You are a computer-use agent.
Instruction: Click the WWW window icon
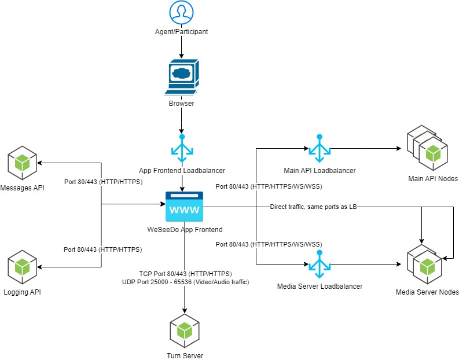(x=184, y=207)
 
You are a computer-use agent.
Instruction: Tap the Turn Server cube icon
(x=184, y=330)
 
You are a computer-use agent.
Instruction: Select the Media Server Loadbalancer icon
(x=318, y=265)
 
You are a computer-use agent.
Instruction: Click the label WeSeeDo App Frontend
(x=184, y=230)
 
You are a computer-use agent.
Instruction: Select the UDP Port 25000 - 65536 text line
(x=185, y=282)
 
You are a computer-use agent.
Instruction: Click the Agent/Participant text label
(x=182, y=32)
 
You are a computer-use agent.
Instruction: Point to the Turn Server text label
(x=184, y=355)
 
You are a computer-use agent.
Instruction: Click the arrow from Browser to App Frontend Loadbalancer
(x=182, y=122)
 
